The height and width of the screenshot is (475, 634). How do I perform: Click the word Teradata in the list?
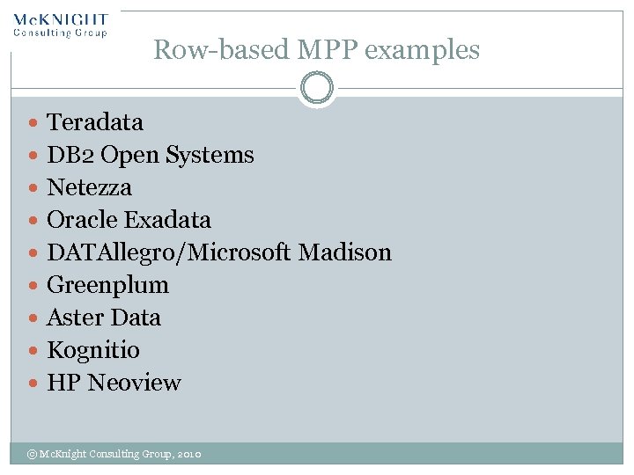pos(94,122)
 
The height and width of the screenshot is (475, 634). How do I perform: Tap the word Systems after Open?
pos(214,155)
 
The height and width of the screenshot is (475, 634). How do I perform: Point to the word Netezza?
pos(89,187)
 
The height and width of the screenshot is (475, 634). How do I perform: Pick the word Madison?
pos(344,252)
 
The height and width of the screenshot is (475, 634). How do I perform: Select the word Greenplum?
pos(107,285)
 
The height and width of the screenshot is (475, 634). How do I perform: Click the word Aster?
pos(72,318)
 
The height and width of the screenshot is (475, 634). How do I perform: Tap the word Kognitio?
pos(92,350)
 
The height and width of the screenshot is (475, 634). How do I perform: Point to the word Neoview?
pos(134,383)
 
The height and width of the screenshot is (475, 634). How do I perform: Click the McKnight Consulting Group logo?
pos(61,25)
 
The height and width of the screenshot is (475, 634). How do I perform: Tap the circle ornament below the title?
pos(316,88)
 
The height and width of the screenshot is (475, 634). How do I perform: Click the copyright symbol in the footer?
pos(31,454)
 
